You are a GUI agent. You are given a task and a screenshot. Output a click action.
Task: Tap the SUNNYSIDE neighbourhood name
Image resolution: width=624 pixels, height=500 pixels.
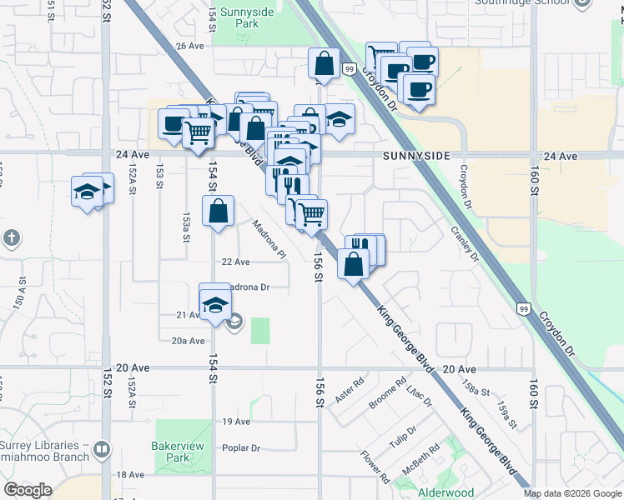click(417, 156)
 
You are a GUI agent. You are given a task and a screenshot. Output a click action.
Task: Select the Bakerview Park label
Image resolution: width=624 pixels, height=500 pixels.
click(179, 452)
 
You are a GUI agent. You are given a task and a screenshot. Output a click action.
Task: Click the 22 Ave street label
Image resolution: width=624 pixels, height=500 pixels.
click(235, 262)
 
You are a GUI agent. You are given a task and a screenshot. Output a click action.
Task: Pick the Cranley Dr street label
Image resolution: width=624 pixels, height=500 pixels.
click(465, 243)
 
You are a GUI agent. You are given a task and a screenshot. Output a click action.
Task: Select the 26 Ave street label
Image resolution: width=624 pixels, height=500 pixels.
click(189, 46)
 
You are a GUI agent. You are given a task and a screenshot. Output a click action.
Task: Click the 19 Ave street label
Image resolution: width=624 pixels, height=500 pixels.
click(236, 422)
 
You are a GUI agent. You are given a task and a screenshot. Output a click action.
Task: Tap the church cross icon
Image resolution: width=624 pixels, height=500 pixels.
click(11, 239)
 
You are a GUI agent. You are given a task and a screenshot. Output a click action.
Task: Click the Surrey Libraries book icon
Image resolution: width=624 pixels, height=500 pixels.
click(102, 448)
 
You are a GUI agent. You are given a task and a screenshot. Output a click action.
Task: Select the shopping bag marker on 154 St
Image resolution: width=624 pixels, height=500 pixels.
click(218, 212)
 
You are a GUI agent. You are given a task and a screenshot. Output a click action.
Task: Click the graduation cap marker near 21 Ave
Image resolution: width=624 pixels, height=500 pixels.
click(215, 305)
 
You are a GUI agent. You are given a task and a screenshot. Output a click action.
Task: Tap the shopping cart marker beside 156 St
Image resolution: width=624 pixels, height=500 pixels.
click(311, 213)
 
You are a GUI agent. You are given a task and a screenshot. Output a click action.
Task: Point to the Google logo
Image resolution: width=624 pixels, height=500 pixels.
click(28, 490)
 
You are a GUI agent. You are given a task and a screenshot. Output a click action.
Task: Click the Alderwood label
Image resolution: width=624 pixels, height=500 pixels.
click(445, 492)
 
